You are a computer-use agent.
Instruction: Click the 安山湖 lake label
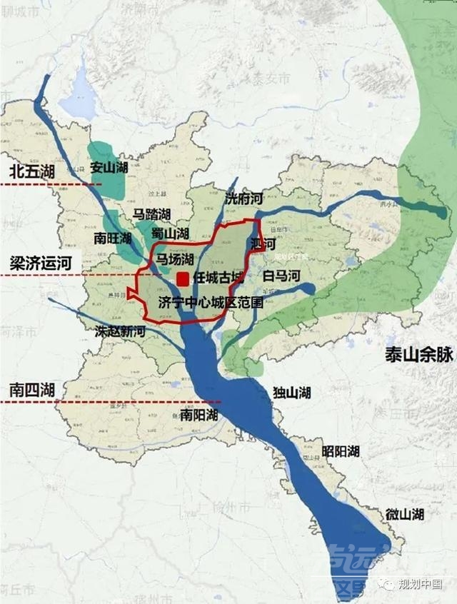(x=109, y=167)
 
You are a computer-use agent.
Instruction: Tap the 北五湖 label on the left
(x=31, y=171)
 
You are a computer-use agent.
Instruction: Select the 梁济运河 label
(x=41, y=262)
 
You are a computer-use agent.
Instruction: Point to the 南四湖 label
(x=31, y=390)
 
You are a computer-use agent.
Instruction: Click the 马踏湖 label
(x=151, y=214)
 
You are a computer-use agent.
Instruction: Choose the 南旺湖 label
(x=113, y=238)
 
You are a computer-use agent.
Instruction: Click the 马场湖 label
(x=176, y=258)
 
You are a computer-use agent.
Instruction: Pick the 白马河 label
(x=282, y=275)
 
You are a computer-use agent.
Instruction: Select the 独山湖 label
(x=291, y=392)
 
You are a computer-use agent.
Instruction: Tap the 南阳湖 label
(x=198, y=415)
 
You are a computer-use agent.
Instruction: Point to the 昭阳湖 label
(x=340, y=451)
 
